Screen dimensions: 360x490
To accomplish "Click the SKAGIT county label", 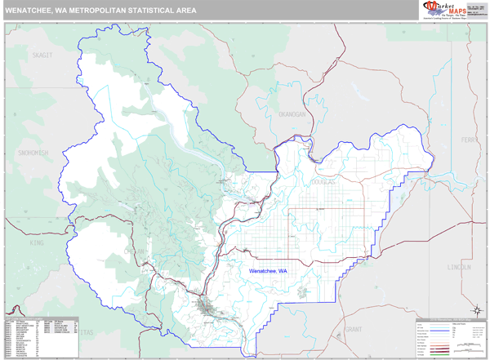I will click(x=40, y=55).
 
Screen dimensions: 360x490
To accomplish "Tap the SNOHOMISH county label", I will click(x=30, y=153).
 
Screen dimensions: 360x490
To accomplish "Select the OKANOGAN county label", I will click(x=290, y=115).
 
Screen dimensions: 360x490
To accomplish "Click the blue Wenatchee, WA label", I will click(x=268, y=270).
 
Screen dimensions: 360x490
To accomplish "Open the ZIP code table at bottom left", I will click(x=41, y=335).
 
